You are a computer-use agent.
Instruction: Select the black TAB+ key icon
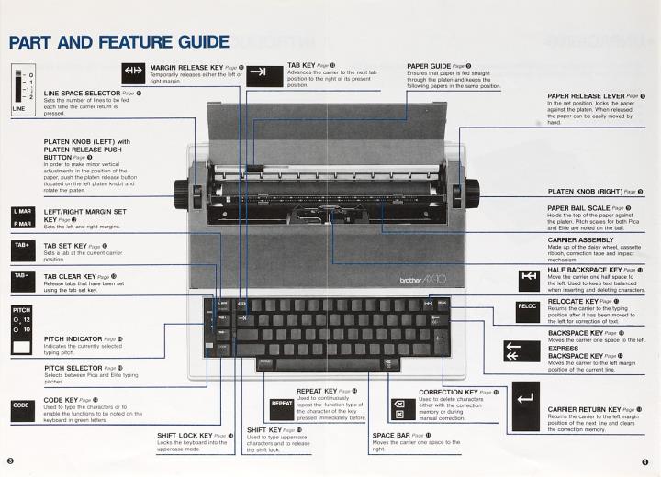[x=22, y=248]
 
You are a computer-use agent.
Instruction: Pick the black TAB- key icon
[x=22, y=276]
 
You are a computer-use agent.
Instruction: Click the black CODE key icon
[x=22, y=404]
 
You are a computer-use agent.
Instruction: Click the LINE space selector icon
[x=22, y=88]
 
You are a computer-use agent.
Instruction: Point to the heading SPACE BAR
[x=394, y=435]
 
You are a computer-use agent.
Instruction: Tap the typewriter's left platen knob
[x=180, y=194]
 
